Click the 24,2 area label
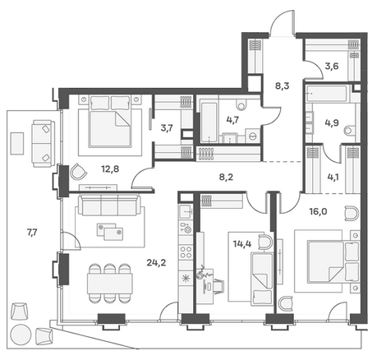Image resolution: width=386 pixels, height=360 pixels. tap(156, 263)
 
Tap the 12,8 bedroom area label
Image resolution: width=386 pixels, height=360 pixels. tap(110, 169)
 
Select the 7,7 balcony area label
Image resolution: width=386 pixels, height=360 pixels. tap(32, 233)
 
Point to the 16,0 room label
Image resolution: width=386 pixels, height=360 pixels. tap(319, 211)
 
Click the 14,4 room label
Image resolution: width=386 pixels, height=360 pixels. tap(242, 243)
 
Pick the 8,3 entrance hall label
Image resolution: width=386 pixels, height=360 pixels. tap(283, 86)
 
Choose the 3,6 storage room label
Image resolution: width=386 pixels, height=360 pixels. tap(332, 67)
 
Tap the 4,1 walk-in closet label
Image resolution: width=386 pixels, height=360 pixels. tap(332, 177)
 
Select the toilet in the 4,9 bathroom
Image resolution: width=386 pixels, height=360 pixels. tap(350, 130)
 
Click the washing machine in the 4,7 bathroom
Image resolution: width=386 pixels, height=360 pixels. tap(253, 136)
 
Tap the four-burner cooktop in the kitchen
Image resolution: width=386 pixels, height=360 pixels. tap(186, 252)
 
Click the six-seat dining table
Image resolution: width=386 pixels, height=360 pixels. tap(110, 284)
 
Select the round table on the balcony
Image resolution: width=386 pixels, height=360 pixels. tap(21, 335)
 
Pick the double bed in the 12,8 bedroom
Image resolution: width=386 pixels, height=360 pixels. tap(110, 121)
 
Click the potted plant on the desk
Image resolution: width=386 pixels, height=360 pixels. tap(204, 273)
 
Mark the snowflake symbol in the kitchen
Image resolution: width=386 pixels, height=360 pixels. tap(186, 279)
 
